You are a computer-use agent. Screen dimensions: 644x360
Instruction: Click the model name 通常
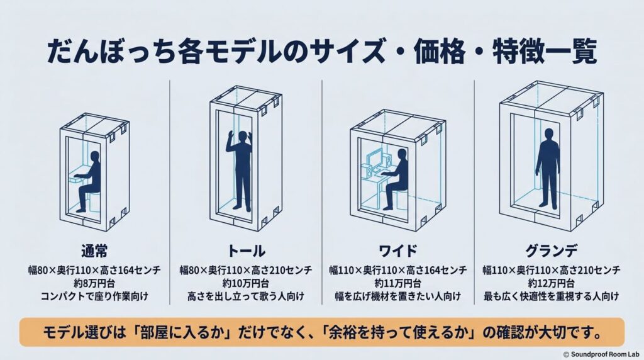94,250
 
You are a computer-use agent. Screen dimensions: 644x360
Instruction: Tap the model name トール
246,250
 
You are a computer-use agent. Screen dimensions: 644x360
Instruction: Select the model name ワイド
397,250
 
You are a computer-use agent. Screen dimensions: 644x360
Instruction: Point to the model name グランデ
551,250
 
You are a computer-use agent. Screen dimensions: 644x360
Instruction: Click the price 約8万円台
94,283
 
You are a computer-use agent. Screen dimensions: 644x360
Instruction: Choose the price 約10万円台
246,283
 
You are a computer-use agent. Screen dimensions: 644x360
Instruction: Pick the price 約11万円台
397,283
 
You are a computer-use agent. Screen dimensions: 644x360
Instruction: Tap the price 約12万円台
551,283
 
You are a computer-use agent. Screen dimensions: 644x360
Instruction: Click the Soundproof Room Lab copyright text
601,354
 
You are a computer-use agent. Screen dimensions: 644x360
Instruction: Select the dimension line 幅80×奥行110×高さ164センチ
94,270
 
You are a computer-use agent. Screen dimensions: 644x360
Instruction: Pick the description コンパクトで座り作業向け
94,296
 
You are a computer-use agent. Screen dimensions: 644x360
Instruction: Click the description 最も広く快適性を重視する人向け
551,296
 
